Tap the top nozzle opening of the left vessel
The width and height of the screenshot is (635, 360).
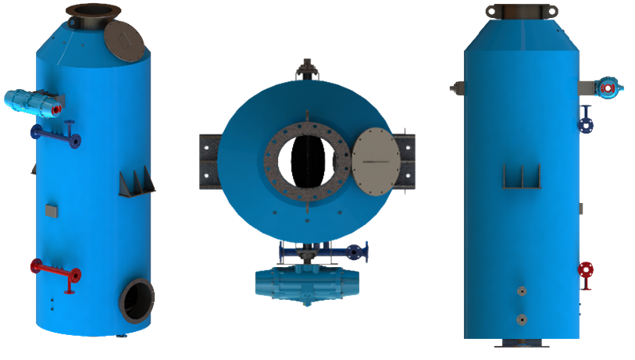[93, 11]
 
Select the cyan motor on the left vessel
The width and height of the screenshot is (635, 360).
[31, 101]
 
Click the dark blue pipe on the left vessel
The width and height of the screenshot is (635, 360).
[55, 134]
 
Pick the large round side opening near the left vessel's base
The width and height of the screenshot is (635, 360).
[137, 300]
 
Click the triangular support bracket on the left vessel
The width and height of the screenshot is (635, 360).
[136, 183]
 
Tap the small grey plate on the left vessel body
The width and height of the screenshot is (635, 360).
[52, 209]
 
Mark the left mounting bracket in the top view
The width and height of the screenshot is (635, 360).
[210, 161]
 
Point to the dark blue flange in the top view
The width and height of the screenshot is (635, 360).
[356, 251]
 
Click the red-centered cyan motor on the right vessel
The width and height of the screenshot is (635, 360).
[609, 87]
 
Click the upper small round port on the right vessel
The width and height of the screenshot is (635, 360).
[521, 292]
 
